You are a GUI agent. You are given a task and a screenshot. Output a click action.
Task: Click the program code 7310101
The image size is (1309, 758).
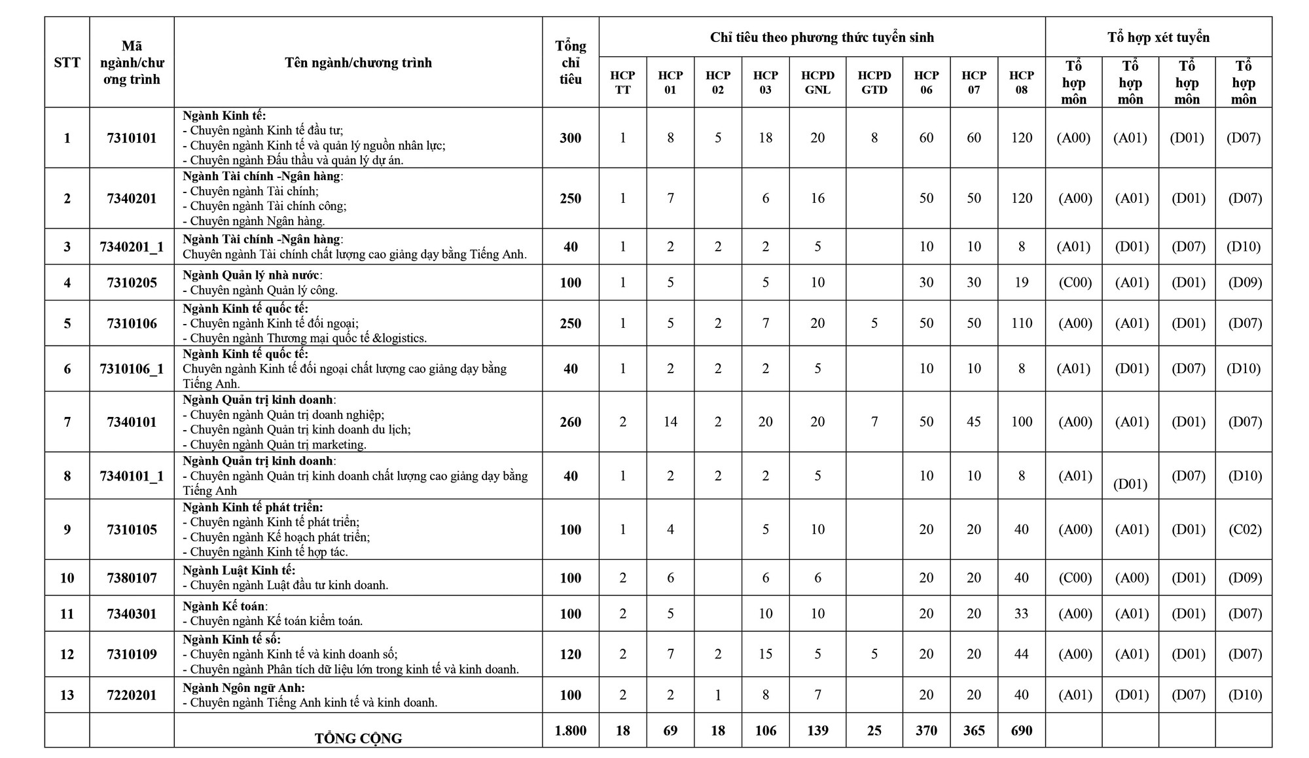pos(132,138)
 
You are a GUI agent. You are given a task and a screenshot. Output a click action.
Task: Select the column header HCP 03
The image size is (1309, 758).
pos(765,82)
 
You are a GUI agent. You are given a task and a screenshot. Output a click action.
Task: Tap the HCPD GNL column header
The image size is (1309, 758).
pos(817,82)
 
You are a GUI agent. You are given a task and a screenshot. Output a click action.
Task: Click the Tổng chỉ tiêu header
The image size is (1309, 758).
pos(570,63)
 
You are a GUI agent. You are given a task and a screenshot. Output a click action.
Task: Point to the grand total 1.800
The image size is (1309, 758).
pos(570,731)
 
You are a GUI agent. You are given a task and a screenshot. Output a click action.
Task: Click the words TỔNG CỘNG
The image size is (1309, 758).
pos(358,738)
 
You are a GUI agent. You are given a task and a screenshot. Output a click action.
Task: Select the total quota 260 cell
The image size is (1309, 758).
pos(570,422)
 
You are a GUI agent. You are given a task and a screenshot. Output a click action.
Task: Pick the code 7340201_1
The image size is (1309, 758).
pos(132,247)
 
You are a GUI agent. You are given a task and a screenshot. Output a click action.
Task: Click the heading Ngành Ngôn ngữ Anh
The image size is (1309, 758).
pos(243,688)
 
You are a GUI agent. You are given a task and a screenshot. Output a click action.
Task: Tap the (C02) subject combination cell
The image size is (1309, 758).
pos(1244,530)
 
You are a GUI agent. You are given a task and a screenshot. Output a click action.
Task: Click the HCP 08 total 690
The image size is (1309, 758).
pos(1021,731)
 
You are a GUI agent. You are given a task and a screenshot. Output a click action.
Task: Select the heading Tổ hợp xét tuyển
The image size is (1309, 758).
pos(1158,37)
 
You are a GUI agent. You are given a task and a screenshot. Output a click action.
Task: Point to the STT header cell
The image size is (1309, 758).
pos(67,63)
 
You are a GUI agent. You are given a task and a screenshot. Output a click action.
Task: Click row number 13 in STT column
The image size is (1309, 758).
pos(67,695)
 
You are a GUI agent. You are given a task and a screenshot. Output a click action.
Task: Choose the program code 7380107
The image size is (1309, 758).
pos(132,578)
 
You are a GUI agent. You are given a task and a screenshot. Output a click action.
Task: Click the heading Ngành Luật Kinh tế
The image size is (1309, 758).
pos(239,571)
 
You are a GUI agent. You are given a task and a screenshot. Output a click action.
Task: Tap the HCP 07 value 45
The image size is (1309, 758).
pos(974,422)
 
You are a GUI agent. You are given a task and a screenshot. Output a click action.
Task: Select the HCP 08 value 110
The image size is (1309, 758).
pos(1021,323)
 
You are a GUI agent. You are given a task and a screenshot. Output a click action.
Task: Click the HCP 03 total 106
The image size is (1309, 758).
pos(765,731)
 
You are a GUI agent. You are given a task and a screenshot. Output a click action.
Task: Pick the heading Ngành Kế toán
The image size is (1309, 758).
pos(224,607)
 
